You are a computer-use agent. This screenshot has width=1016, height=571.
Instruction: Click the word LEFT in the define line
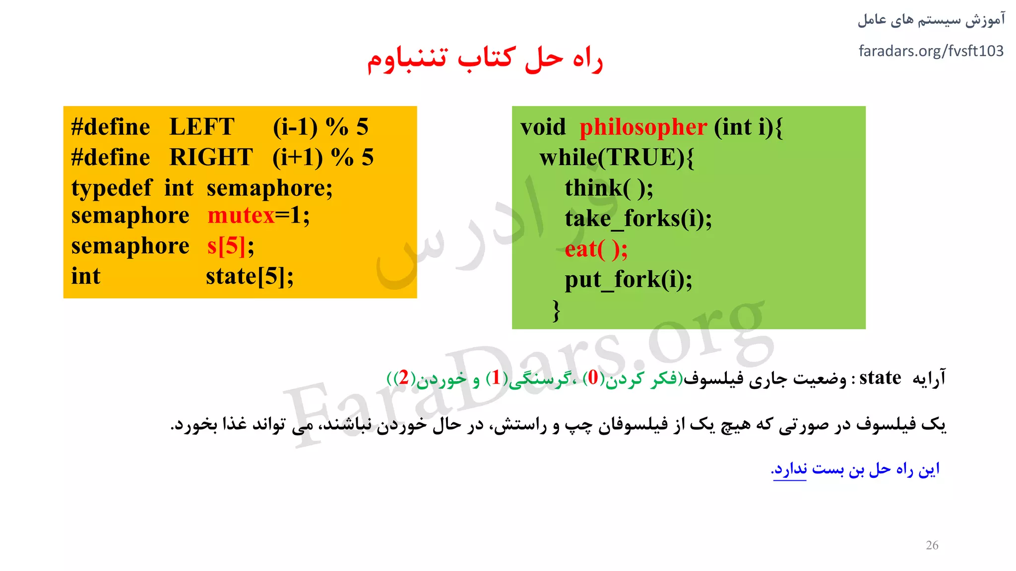[202, 127]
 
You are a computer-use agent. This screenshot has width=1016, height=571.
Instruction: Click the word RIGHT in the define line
[211, 158]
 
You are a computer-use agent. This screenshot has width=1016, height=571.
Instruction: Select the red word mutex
[241, 216]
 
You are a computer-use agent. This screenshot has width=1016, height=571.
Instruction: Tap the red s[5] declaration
[226, 246]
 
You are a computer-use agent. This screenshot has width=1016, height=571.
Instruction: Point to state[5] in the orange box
[250, 277]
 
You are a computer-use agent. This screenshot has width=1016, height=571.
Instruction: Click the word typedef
[111, 188]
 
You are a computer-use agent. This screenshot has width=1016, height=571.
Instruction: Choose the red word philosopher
[643, 127]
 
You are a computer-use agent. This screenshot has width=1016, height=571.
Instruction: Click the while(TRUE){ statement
[616, 158]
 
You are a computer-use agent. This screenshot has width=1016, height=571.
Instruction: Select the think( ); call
[609, 188]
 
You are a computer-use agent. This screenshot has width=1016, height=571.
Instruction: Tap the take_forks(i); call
[638, 219]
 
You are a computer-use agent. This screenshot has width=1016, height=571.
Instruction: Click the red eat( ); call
[596, 249]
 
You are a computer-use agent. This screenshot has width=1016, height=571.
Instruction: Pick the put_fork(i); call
[628, 280]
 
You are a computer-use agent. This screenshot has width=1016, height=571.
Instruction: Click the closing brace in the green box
[557, 311]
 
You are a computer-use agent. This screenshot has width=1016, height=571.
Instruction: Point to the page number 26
[932, 545]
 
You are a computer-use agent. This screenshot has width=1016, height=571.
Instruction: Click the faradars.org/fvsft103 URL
[931, 51]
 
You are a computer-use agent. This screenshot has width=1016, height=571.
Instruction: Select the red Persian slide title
[485, 59]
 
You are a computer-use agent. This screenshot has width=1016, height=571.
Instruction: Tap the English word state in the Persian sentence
[880, 378]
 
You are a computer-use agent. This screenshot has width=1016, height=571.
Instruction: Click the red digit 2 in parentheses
[404, 378]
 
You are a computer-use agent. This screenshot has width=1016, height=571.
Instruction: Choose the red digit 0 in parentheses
[593, 378]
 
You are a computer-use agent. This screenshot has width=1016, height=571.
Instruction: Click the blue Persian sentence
[855, 469]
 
